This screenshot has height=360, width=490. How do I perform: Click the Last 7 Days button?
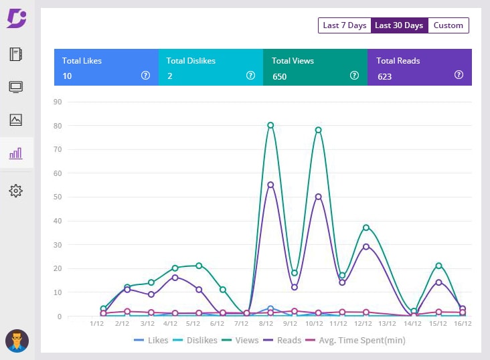point(344,25)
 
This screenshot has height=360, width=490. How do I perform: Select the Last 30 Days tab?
point(399,25)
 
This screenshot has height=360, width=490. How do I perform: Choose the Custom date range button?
point(448,25)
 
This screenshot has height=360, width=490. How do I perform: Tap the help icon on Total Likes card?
point(145,76)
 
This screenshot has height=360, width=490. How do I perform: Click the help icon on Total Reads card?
point(459,75)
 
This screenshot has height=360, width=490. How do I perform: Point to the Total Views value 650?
point(279,76)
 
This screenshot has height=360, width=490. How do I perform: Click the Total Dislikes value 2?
point(170,76)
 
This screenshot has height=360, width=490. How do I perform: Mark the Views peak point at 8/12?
point(270,125)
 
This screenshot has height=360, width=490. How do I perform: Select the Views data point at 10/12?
point(319,130)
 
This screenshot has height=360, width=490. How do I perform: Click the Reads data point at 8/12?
point(270,185)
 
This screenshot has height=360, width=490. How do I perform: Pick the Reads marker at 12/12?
point(366,247)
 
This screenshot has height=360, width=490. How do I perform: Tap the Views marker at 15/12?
point(438,266)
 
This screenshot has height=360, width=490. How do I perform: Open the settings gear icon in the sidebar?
point(16,191)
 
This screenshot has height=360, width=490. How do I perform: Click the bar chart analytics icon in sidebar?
point(16,154)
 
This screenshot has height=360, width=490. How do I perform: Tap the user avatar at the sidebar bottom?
point(17,341)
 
